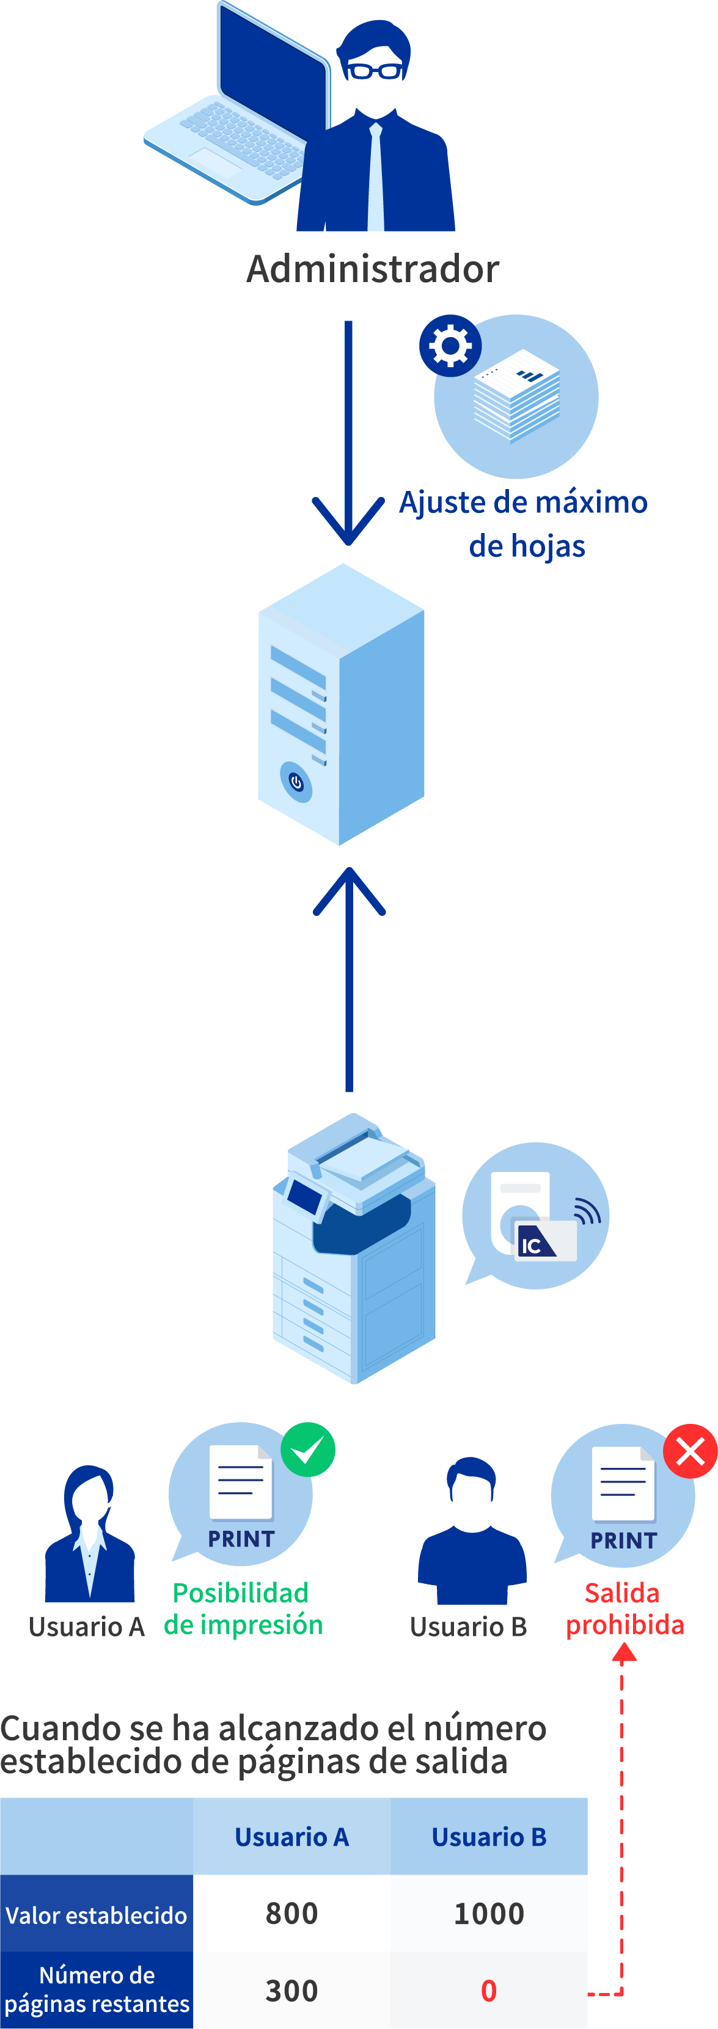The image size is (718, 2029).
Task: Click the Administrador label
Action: pyautogui.click(x=373, y=269)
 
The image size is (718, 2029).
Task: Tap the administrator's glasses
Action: pyautogui.click(x=375, y=71)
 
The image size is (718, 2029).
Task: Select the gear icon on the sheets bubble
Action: pyautogui.click(x=450, y=346)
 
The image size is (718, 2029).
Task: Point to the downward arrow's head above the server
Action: pyautogui.click(x=348, y=521)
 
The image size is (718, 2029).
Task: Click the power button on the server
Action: pyautogui.click(x=296, y=782)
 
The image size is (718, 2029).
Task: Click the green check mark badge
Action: pyautogui.click(x=308, y=1450)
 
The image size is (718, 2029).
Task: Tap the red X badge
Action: pyautogui.click(x=691, y=1451)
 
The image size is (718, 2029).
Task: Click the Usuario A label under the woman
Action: pyautogui.click(x=87, y=1627)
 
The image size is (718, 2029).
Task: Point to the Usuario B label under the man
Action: pyautogui.click(x=468, y=1627)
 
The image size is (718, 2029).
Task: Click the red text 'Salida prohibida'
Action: pyautogui.click(x=625, y=1608)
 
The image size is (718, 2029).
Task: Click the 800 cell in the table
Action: pyautogui.click(x=291, y=1913)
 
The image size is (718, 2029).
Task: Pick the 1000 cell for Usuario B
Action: pyautogui.click(x=489, y=1913)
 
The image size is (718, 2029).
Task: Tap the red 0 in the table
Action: pyautogui.click(x=489, y=1991)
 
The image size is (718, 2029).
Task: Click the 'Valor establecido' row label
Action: pyautogui.click(x=96, y=1915)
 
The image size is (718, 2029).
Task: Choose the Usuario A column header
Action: pyautogui.click(x=291, y=1837)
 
